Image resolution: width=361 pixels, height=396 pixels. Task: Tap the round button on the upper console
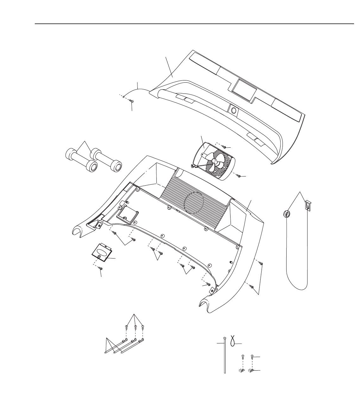coord(234,110)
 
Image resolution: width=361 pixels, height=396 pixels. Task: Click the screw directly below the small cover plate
coord(101,269)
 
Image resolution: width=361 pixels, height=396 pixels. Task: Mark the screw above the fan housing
coord(224,147)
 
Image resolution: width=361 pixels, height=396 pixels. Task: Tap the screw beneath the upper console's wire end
coord(132,101)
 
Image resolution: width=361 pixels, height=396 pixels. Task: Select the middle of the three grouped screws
coord(135,327)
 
